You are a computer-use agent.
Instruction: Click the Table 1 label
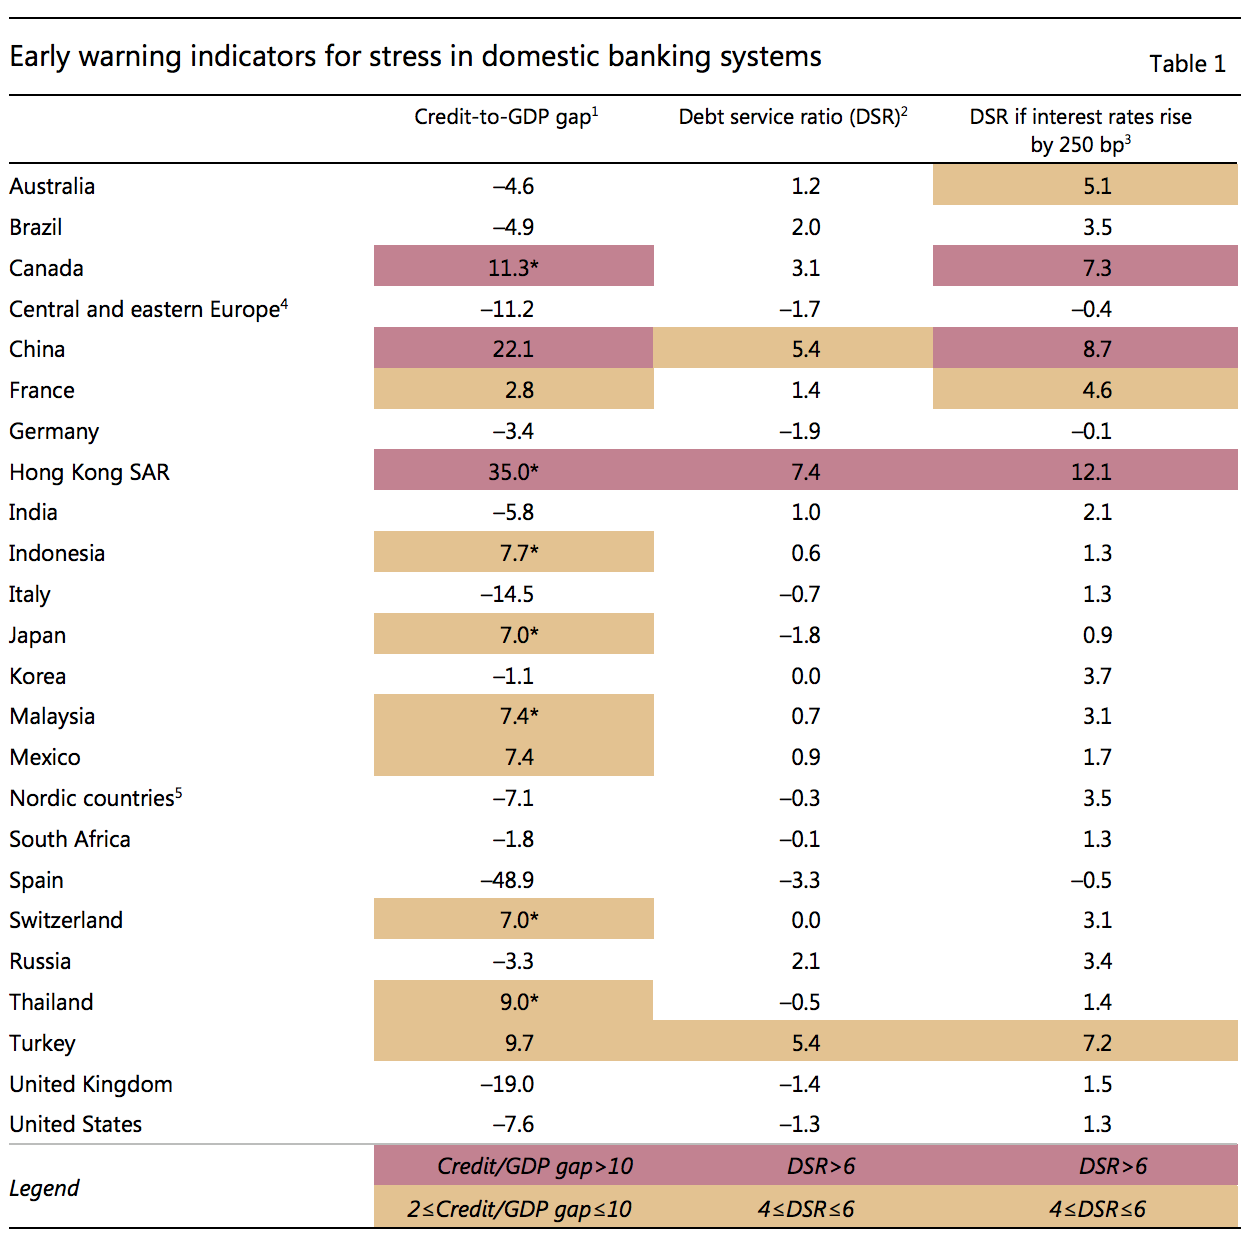coord(1187,64)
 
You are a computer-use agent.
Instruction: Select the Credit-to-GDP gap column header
coord(505,117)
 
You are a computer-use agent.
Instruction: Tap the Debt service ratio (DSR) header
coord(792,117)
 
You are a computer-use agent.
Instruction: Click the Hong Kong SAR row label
coord(89,472)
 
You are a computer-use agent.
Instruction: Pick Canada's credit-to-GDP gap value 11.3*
coord(514,268)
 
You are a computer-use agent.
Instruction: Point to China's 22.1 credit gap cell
coord(513,349)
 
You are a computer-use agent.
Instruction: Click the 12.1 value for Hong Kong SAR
coord(1091,472)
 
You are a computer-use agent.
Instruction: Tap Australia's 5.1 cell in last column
coord(1097,186)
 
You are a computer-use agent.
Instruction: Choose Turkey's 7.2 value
coord(1097,1043)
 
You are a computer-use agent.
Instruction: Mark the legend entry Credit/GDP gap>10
coord(535,1166)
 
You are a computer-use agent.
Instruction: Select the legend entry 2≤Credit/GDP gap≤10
coord(519,1209)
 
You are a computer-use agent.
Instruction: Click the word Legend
coord(44,1188)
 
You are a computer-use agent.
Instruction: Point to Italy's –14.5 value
coord(507,594)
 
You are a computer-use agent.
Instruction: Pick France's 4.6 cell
coord(1097,390)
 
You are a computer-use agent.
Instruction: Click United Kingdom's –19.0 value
coord(507,1084)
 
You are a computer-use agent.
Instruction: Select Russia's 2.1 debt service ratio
coord(806,961)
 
